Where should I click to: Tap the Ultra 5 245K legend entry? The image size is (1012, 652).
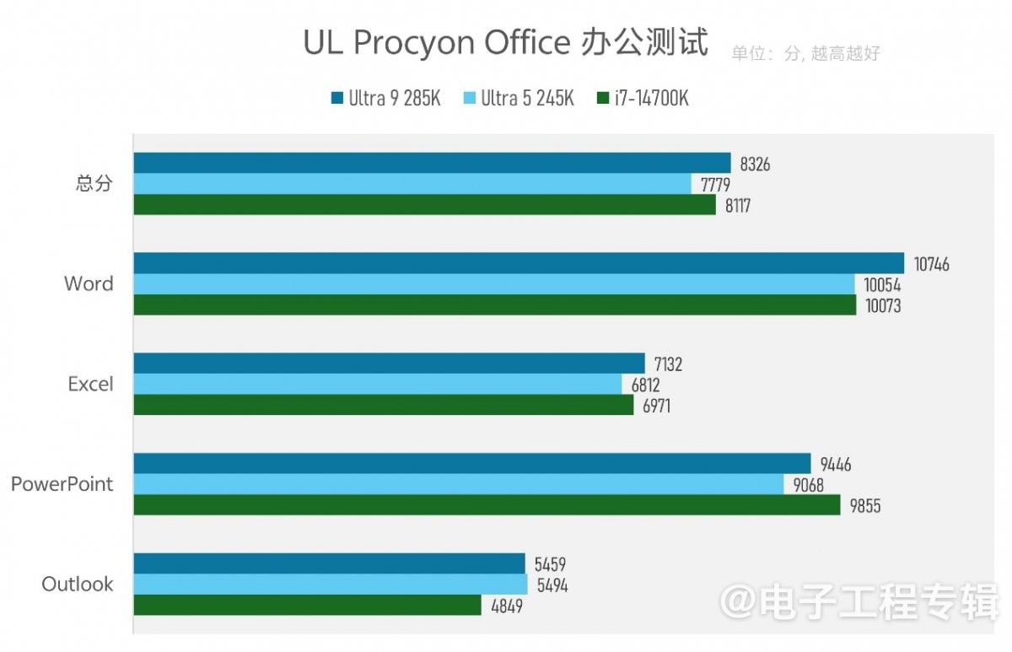[519, 99]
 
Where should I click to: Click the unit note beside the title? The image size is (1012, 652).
[805, 54]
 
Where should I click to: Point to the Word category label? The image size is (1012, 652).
[89, 284]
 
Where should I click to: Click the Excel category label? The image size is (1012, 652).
[90, 385]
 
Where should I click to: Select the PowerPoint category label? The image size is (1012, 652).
[62, 485]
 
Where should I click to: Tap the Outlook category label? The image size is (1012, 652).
[78, 585]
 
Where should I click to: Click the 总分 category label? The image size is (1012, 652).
[94, 184]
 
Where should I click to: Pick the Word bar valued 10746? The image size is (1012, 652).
[518, 263]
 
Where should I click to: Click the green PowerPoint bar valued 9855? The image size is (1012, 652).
[487, 505]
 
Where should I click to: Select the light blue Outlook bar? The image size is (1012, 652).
[330, 585]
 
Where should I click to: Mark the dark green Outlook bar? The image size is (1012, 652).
[307, 606]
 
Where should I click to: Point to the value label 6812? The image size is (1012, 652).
[645, 385]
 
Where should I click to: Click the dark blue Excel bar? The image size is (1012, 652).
[389, 364]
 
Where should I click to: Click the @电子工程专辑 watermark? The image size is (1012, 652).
[859, 603]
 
